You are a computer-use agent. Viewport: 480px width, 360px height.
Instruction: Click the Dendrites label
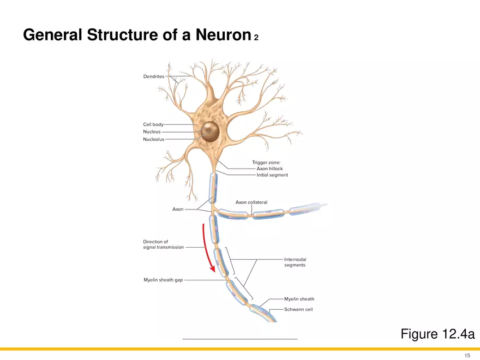153,76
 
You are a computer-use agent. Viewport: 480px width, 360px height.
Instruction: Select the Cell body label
153,124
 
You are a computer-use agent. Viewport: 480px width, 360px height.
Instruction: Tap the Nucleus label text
152,131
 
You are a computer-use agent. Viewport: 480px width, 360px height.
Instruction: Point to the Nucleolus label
153,139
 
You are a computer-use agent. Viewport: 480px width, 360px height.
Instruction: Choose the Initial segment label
272,175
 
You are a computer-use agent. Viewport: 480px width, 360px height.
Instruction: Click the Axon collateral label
251,202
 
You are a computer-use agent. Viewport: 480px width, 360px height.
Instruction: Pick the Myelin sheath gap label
163,280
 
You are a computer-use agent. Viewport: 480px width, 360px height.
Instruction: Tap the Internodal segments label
295,262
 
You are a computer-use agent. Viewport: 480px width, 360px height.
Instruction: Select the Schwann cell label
298,309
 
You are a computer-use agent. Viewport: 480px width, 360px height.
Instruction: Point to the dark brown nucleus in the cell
208,130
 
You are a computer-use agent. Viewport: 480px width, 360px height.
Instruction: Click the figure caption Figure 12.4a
437,334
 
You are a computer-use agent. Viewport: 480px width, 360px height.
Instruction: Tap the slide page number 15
467,355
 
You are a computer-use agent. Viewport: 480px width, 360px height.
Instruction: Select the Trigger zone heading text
266,162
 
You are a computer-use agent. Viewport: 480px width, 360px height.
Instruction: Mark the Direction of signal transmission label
164,244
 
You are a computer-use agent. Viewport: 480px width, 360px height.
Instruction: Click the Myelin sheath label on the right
299,299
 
